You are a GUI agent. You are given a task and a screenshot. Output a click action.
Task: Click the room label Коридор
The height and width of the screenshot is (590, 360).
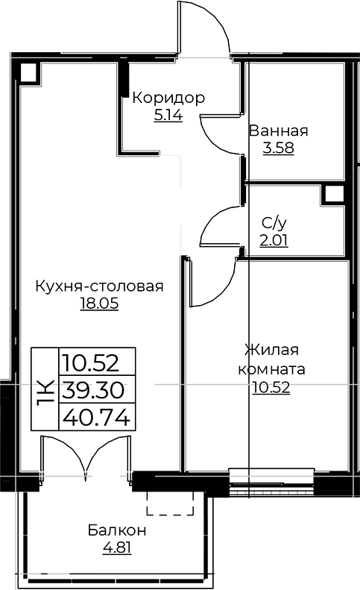coord(168,98)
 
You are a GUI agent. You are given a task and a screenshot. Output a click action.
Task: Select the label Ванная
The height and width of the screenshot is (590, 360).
coord(278,131)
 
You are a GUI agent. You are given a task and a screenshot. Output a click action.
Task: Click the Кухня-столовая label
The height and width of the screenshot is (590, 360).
coord(99,286)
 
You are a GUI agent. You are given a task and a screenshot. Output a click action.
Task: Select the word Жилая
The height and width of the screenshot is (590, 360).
coord(271,351)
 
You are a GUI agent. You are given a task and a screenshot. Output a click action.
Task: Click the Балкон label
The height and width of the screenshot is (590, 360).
coord(116,530)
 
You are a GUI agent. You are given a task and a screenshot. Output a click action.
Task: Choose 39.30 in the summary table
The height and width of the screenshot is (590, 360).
coord(94,391)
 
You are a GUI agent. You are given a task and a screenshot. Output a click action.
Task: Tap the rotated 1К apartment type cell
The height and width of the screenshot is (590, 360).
coord(43,391)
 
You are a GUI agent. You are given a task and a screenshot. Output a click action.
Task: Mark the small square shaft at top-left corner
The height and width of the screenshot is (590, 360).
coord(29,72)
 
